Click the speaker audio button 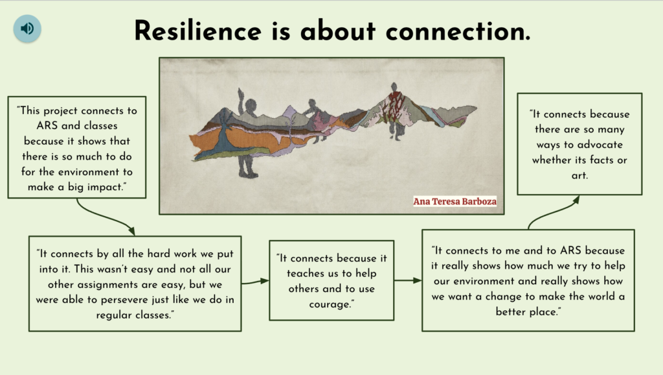(27, 29)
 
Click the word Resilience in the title (198, 31)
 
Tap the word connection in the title (458, 31)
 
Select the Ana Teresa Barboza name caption (455, 201)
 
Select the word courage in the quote (330, 304)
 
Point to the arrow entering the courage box (255, 282)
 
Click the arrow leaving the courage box (408, 280)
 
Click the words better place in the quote (527, 312)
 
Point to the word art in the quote (579, 175)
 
